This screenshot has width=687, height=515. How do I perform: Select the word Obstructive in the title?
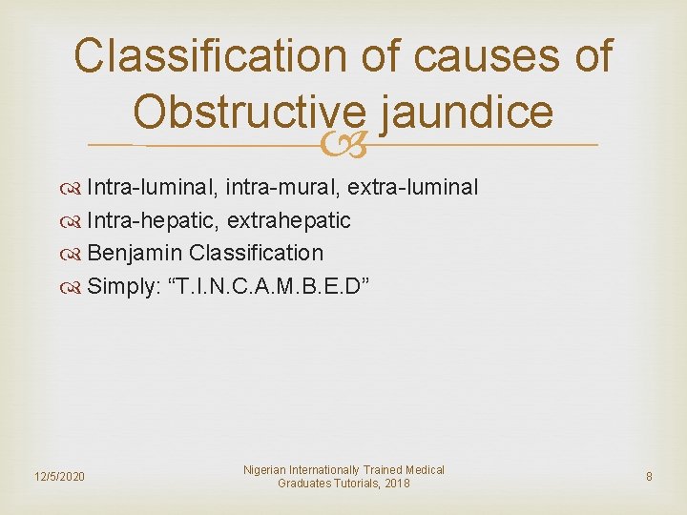(x=250, y=113)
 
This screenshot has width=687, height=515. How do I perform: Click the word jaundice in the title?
(x=467, y=113)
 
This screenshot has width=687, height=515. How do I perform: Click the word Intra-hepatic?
(x=150, y=220)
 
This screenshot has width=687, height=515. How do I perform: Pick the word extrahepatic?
(x=289, y=220)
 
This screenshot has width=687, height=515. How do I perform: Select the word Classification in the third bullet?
(x=257, y=253)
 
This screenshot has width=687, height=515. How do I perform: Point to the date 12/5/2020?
(x=59, y=476)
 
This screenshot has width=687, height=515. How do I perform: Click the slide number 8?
(x=649, y=476)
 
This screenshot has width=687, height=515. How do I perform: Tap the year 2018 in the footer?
(x=393, y=484)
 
